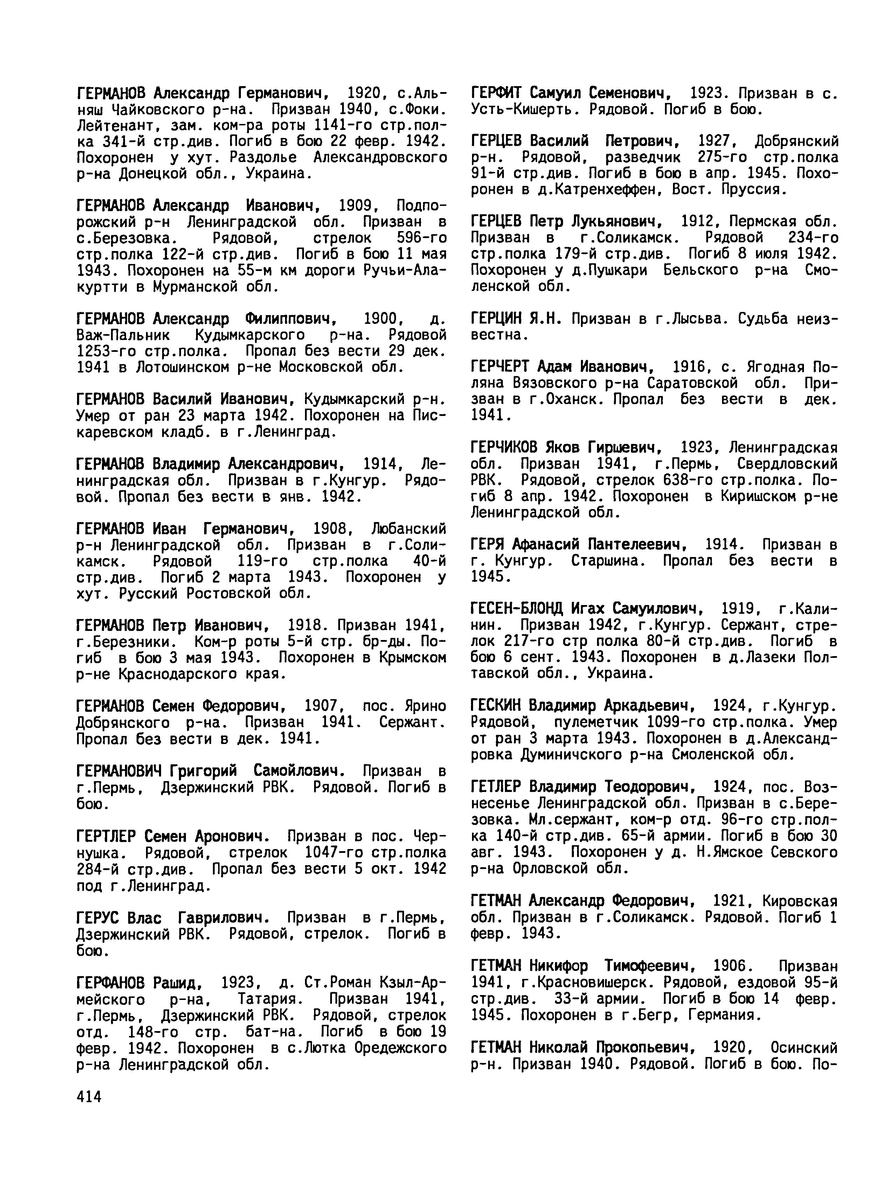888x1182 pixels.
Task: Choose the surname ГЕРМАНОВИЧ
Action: pyautogui.click(x=119, y=771)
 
